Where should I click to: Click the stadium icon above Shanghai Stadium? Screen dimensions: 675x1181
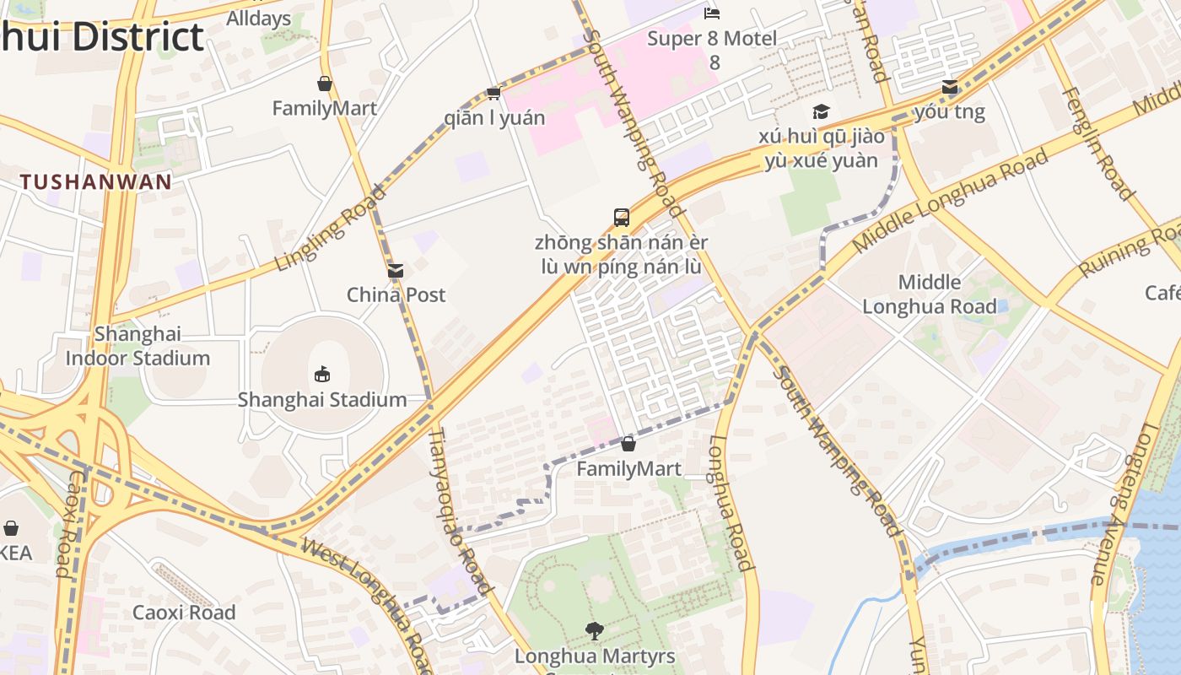point(321,374)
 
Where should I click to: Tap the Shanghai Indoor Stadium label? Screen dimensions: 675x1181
point(138,346)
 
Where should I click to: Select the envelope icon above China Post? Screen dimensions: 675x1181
point(396,271)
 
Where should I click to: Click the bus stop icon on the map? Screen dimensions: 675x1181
point(622,218)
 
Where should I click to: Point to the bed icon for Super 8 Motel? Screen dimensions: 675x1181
point(713,13)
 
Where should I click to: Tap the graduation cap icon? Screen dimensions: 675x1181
point(821,112)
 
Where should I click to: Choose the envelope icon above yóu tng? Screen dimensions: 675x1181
point(950,87)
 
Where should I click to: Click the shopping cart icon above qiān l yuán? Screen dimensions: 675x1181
point(493,93)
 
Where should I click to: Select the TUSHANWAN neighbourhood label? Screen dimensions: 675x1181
point(96,181)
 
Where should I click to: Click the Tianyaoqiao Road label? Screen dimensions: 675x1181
point(460,510)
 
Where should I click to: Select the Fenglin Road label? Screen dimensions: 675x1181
point(1097,143)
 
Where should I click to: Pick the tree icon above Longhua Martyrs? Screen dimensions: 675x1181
point(595,630)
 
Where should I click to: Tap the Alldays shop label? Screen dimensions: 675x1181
point(259,19)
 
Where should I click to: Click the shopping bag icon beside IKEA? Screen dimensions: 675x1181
point(11,528)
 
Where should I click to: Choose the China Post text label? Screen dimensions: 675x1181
point(396,294)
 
